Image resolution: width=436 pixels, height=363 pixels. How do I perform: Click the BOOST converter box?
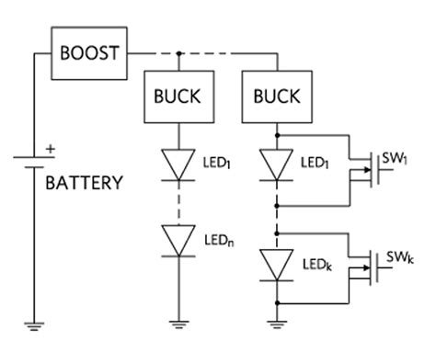(x=89, y=52)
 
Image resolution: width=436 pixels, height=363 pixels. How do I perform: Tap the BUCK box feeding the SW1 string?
(x=276, y=96)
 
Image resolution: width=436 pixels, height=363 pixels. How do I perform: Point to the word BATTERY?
(x=84, y=183)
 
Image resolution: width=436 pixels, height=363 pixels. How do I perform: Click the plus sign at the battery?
(x=50, y=147)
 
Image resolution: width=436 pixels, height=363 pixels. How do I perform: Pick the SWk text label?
(x=399, y=256)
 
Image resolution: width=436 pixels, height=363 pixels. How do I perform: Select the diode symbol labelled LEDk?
(x=276, y=264)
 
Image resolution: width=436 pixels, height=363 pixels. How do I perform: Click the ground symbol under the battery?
(x=33, y=323)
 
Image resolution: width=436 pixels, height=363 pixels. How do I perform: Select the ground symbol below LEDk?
(x=276, y=323)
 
